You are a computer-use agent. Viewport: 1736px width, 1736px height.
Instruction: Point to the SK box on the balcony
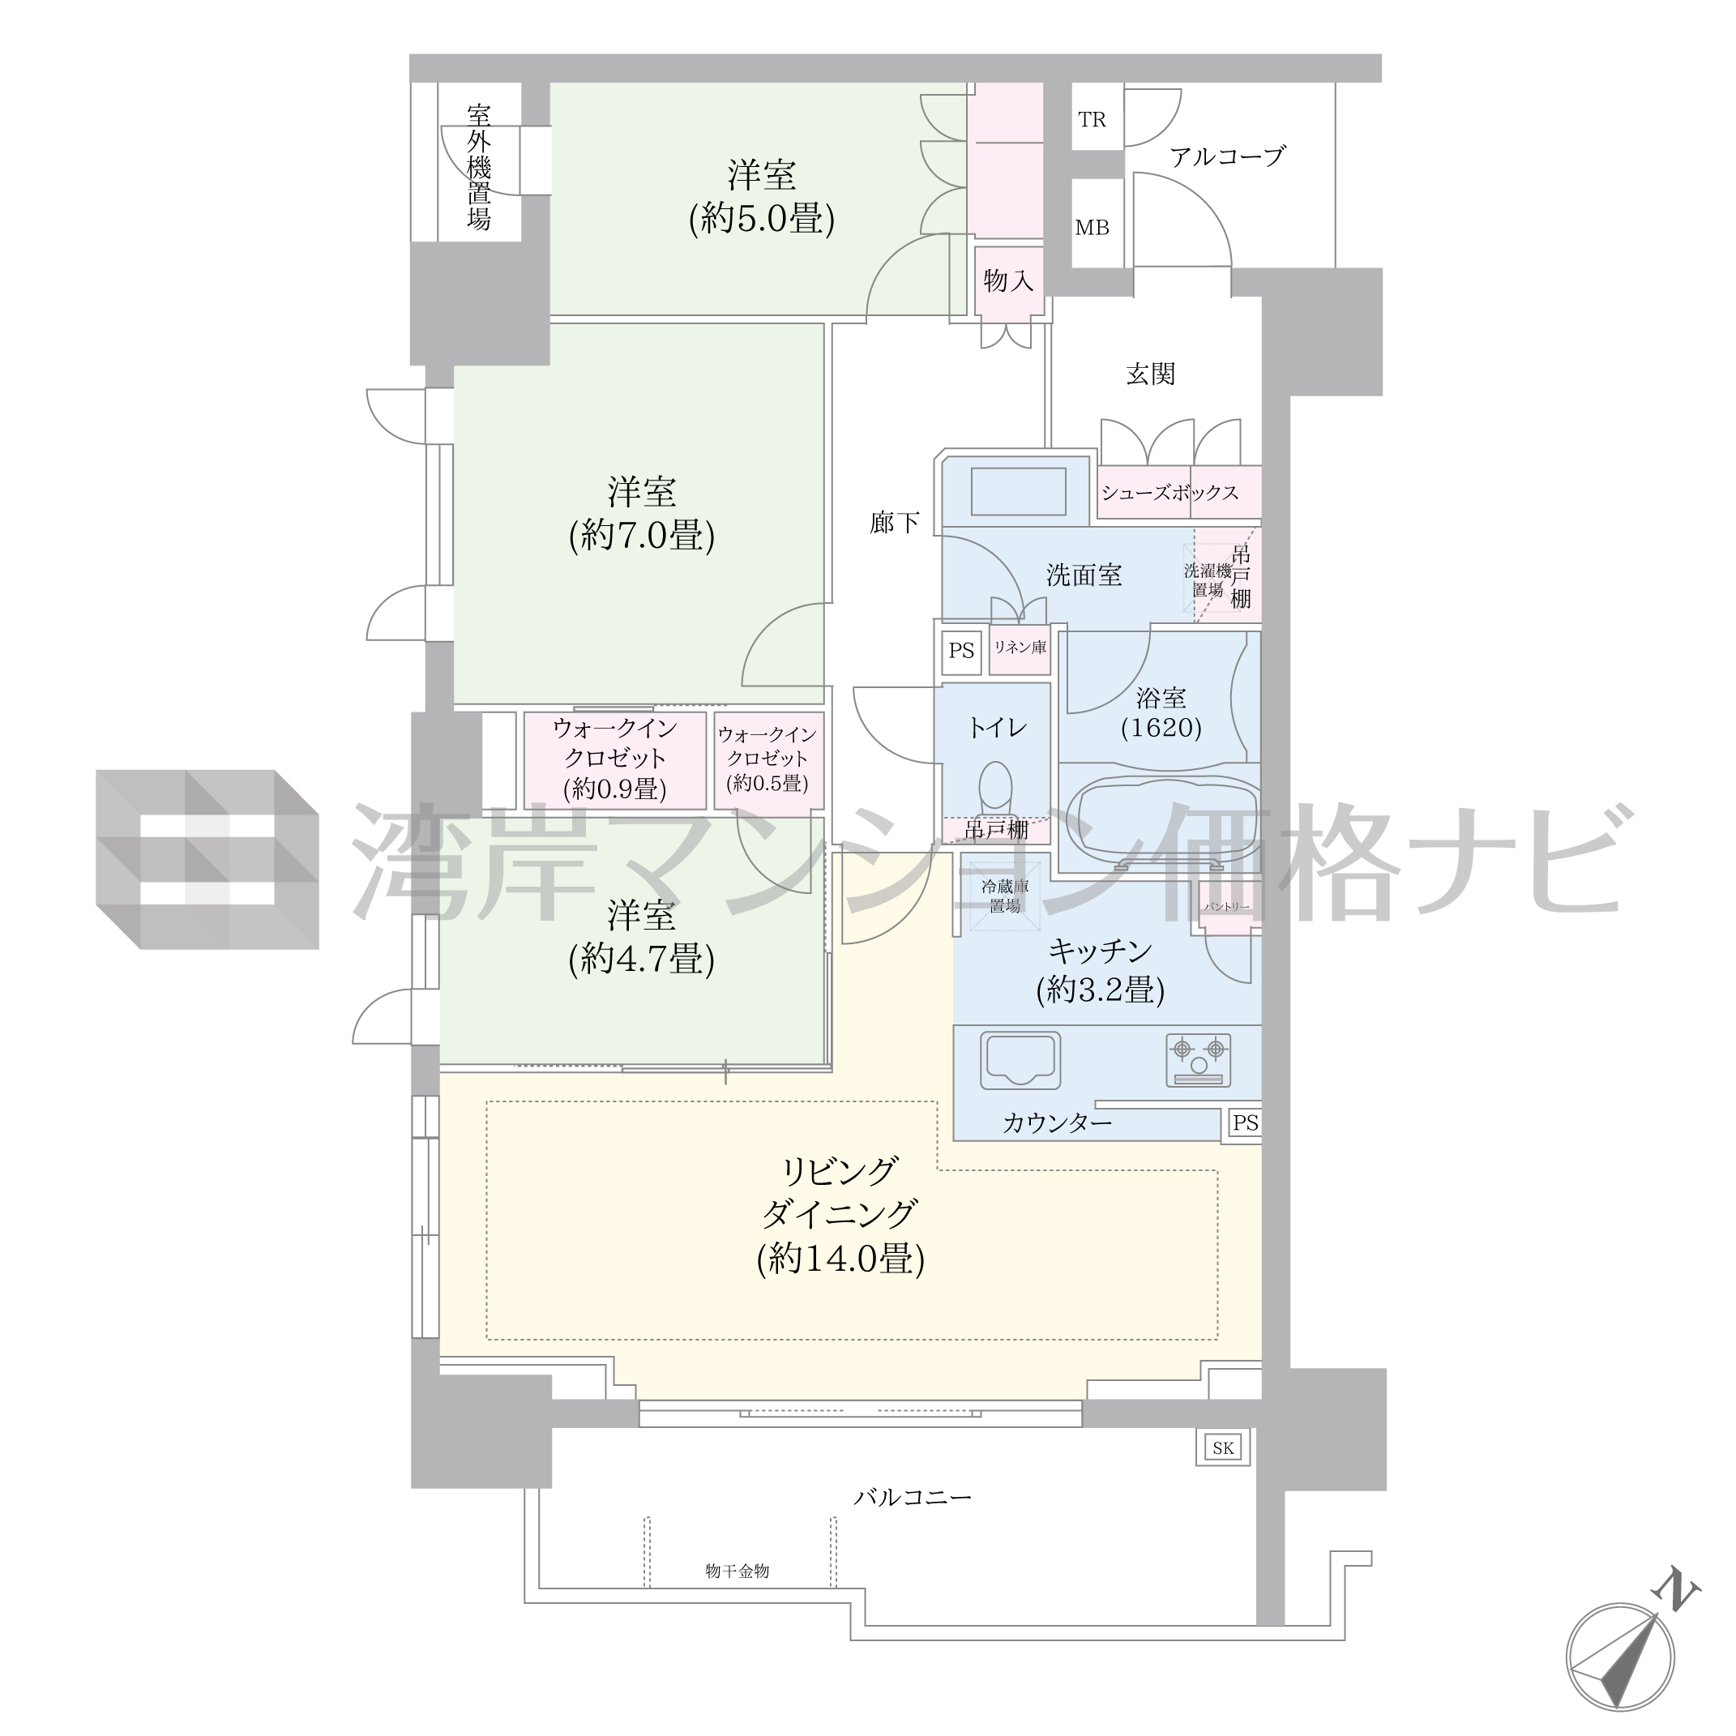pos(1223,1447)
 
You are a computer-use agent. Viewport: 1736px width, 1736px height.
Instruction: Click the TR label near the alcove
pos(1092,119)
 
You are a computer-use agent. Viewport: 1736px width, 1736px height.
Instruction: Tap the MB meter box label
pos(1092,229)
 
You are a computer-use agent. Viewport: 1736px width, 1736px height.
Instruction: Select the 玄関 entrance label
pos(1150,374)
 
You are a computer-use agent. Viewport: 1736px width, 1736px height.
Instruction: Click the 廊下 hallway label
pos(894,522)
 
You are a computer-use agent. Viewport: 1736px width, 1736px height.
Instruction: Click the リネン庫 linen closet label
pos(1020,646)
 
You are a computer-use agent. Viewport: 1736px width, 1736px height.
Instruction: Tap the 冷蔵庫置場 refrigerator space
pos(1005,896)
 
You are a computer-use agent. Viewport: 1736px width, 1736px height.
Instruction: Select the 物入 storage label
pos(1008,281)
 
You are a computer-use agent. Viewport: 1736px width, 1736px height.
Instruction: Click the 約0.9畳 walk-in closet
pos(614,760)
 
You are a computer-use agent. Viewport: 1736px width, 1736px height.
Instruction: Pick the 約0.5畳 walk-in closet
pos(768,760)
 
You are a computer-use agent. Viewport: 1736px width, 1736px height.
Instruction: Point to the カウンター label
pos(1057,1122)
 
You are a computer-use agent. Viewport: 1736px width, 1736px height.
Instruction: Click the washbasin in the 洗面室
pos(1018,490)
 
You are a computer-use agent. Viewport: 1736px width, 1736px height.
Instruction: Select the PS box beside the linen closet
pos(961,650)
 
